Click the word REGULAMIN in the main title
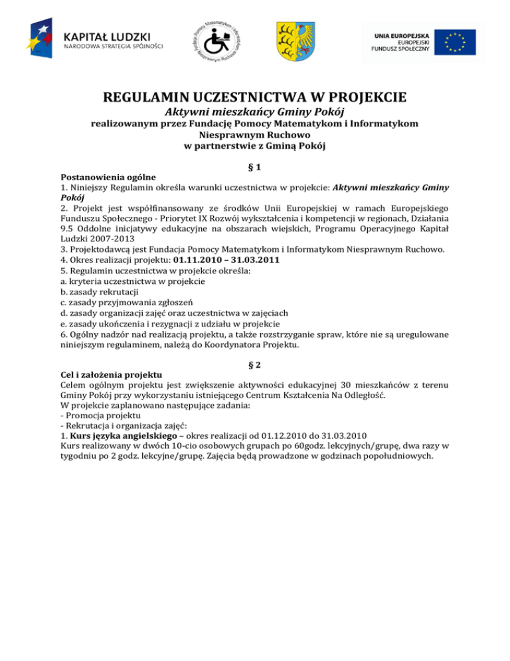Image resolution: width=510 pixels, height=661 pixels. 147,99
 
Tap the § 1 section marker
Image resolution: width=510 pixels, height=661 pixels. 255,170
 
